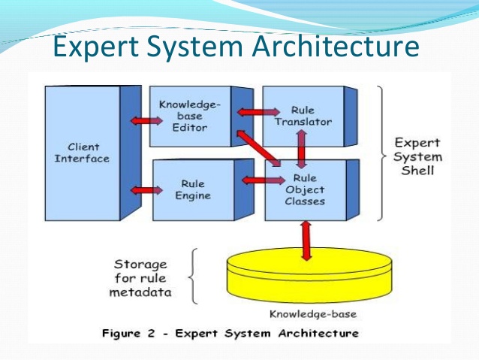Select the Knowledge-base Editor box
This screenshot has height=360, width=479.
coord(189,116)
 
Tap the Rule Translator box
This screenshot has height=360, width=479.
coord(302,116)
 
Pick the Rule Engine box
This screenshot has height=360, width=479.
coord(193,189)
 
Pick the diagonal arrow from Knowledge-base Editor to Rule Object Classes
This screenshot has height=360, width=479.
coord(260,149)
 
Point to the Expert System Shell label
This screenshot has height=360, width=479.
coord(417,156)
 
